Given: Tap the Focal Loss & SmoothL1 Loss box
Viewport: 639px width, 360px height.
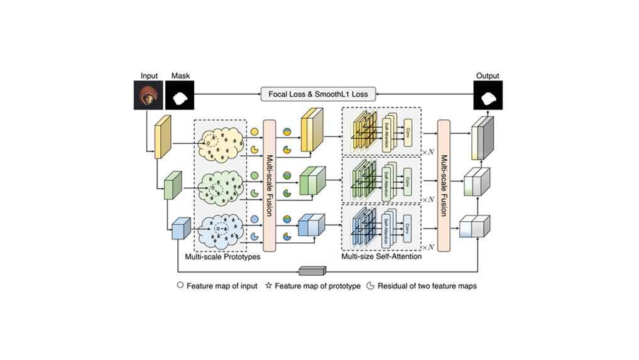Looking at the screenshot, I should click(x=318, y=94).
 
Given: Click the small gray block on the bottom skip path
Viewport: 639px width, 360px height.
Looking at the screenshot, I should click(x=313, y=271).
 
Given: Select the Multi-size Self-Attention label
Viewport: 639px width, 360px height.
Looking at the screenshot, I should click(x=381, y=256).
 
